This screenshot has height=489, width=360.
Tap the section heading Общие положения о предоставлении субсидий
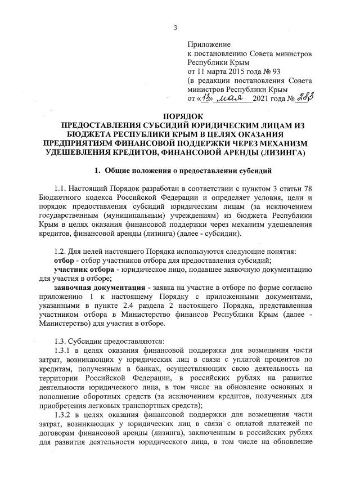tap(191, 170)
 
